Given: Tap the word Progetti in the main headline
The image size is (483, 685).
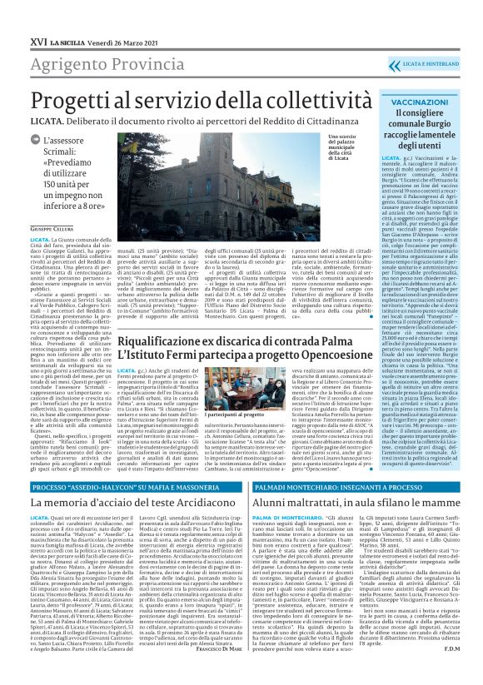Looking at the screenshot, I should [x=67, y=98].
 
